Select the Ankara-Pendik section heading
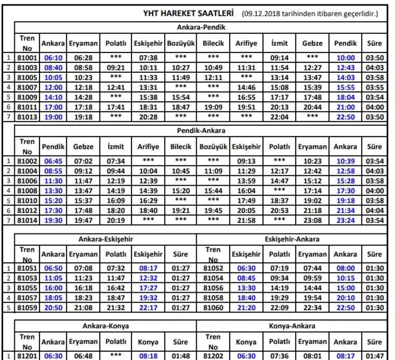coord(201,28)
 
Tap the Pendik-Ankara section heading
coord(201,131)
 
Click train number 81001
coord(27,57)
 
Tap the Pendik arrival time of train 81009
coord(345,97)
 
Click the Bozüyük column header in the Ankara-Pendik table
coord(181,44)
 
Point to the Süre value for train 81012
coord(374,210)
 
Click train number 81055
coord(27,287)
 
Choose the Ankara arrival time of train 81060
coord(345,307)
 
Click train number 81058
coord(212,297)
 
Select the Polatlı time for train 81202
coord(280,356)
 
